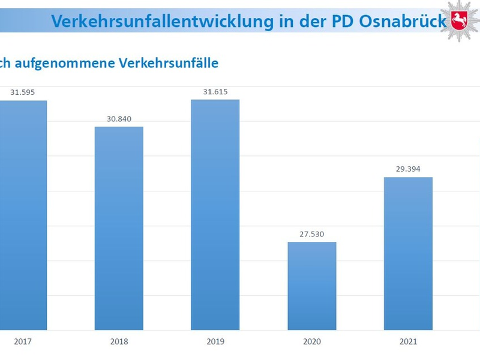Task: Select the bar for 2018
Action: click(119, 228)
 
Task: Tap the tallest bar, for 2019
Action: click(215, 214)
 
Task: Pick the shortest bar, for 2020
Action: click(311, 286)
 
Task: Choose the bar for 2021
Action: click(408, 253)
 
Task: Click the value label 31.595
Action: click(23, 92)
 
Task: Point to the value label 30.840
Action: click(119, 119)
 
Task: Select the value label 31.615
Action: click(215, 91)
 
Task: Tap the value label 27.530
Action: click(311, 234)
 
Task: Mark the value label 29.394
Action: click(408, 169)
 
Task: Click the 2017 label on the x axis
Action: click(23, 341)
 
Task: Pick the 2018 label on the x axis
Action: click(119, 341)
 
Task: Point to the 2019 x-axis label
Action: click(215, 341)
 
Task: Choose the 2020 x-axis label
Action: click(311, 341)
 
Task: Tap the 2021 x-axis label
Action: click(408, 341)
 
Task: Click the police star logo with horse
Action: click(460, 21)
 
